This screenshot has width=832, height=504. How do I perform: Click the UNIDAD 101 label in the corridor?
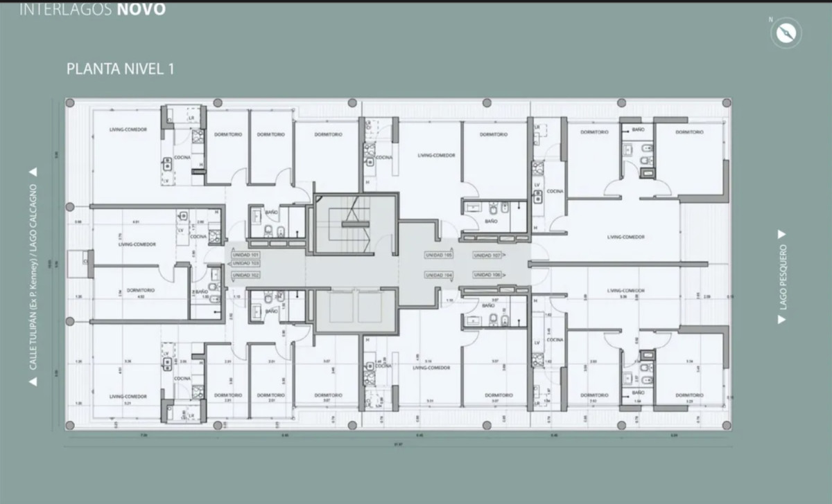coord(245,255)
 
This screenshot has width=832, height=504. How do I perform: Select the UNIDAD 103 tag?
coord(245,264)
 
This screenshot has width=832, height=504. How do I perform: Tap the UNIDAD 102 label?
coord(245,276)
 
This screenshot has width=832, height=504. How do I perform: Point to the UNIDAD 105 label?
coord(439,255)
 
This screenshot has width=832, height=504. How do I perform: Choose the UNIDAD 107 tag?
coord(487,255)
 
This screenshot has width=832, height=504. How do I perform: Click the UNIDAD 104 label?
coord(439,275)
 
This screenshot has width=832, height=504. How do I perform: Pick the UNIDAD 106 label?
coord(487,275)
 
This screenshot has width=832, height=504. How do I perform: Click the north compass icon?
coord(786,33)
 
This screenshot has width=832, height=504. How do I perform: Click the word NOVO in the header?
coord(142,10)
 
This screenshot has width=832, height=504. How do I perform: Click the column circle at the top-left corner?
coord(70,103)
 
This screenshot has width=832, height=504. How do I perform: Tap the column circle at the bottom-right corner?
coord(726,425)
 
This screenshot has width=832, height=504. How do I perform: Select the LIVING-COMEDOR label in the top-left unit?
coord(128,130)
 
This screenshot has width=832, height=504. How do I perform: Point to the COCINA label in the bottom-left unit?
coord(182,379)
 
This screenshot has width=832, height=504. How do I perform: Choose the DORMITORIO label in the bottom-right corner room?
coord(688,395)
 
